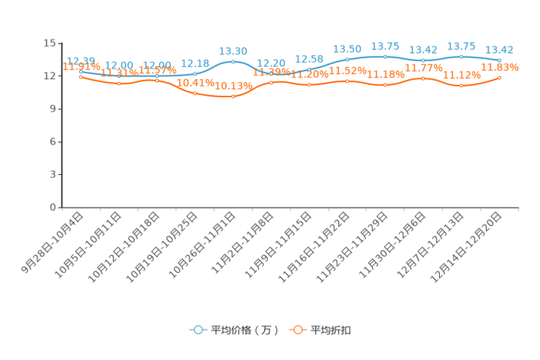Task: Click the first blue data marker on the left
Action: pos(81,71)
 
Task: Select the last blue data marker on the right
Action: pos(499,60)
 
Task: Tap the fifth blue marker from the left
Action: pos(233,62)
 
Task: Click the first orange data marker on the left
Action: pos(81,76)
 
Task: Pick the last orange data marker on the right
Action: pos(499,77)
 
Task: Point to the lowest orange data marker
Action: pos(233,97)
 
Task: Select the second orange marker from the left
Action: pos(119,83)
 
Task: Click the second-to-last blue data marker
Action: pos(461,56)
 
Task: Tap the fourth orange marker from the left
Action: pos(195,94)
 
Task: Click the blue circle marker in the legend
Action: pos(197,330)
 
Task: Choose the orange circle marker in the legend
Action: pos(297,330)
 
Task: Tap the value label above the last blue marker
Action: pos(499,49)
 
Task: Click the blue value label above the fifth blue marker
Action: pos(233,51)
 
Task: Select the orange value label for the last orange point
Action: pos(500,67)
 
